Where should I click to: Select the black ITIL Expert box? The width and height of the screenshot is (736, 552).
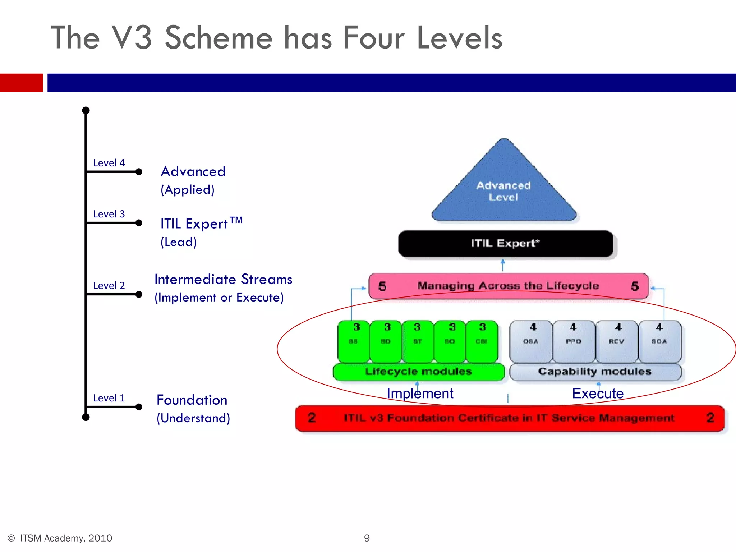click(x=506, y=244)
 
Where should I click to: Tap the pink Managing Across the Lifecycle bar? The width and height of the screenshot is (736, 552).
click(x=508, y=286)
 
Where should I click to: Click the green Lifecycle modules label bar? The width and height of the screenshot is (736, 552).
click(x=418, y=372)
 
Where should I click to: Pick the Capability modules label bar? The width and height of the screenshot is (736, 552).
click(x=595, y=372)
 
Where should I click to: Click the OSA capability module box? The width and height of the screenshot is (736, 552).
click(x=531, y=341)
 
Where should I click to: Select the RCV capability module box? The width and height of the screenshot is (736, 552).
click(x=617, y=341)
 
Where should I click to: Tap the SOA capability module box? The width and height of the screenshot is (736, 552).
click(x=659, y=341)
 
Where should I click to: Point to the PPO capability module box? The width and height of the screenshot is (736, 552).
click(x=574, y=341)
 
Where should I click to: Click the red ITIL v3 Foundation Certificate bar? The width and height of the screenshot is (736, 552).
click(x=509, y=418)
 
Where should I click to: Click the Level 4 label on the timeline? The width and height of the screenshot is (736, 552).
click(x=109, y=163)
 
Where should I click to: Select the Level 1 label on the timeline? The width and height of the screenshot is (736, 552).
click(x=109, y=398)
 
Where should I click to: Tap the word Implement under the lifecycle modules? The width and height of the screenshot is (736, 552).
click(x=420, y=394)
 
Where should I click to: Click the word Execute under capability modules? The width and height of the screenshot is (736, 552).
click(x=598, y=394)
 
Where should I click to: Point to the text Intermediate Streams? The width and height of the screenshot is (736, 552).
click(x=223, y=279)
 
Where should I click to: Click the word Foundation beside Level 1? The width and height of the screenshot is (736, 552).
click(x=192, y=400)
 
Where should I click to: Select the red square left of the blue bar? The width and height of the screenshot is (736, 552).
click(x=21, y=83)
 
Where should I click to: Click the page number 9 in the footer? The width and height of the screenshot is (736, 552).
click(x=367, y=538)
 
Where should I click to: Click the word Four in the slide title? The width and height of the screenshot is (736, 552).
click(x=374, y=38)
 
